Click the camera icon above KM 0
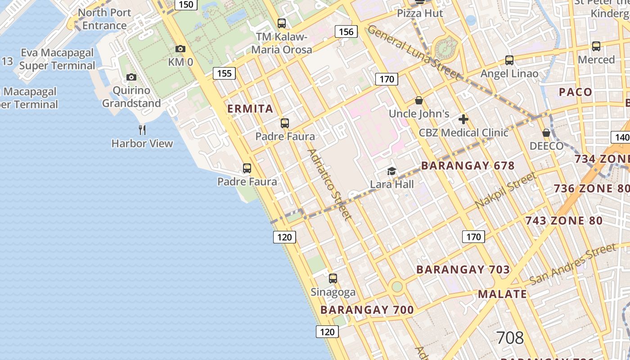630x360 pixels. [180, 49]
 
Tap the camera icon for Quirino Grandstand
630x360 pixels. [131, 77]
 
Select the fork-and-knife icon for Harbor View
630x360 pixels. [142, 130]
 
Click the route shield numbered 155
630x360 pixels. [224, 73]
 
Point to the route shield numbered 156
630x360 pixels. [346, 31]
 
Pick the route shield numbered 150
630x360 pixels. [186, 4]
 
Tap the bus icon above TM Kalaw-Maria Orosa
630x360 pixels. [282, 23]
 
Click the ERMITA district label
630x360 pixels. [250, 108]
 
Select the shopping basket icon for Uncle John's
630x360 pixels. [419, 100]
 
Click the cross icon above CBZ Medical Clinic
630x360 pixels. [463, 119]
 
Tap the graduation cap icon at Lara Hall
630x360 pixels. [391, 171]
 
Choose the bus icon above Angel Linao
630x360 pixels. [509, 60]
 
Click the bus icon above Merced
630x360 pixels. [596, 46]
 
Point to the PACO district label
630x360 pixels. [576, 92]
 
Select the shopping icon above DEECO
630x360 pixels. [546, 133]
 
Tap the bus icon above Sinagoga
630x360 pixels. [333, 279]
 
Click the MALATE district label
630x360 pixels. [502, 294]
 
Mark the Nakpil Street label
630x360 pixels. [506, 190]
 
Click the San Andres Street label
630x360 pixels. [572, 264]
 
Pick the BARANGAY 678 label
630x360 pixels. [468, 166]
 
